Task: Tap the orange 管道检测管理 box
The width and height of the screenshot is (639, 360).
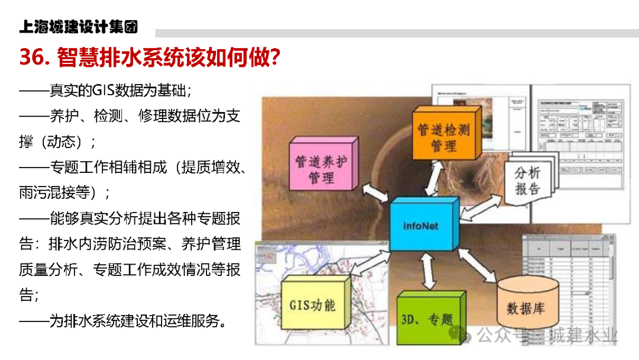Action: click(444, 136)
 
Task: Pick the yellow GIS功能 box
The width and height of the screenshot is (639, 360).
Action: click(312, 304)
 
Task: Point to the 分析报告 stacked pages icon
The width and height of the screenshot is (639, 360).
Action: click(528, 181)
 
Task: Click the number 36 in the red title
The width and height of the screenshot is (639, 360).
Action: click(33, 57)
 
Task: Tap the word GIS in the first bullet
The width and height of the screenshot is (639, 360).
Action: click(105, 91)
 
